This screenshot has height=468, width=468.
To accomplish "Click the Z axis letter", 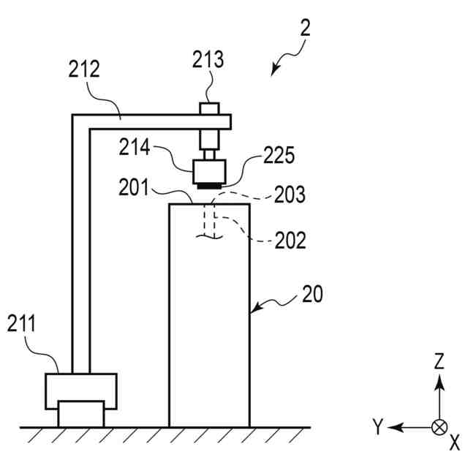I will coord(439,361).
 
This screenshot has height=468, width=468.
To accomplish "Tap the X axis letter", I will coord(454,442).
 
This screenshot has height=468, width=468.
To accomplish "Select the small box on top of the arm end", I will coord(210,108).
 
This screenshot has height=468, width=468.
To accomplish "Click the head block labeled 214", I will coord(210,173).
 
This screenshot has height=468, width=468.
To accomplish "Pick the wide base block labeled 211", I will coord(80,390).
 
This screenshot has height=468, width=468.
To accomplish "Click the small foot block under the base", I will coord(80,415).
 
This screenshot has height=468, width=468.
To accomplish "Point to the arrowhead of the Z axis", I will coord(439,380).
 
